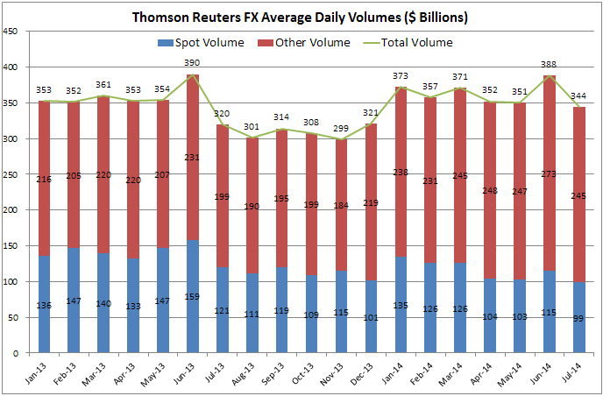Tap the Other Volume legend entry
pos(305,42)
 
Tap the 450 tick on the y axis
pos(12,32)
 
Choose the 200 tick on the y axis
pos(12,210)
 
